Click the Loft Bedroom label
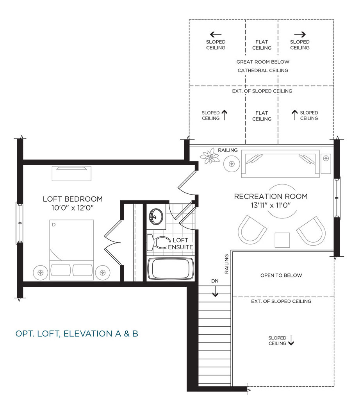click(73, 199)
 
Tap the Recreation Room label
click(271, 197)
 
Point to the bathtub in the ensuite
click(171, 269)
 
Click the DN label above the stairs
click(215, 281)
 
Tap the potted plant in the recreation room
click(210, 156)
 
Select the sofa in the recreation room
click(280, 164)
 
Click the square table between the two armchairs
click(282, 240)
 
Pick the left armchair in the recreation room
click(252, 230)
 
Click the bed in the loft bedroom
click(71, 250)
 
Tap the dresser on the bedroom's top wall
click(71, 173)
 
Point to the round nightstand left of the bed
click(40, 273)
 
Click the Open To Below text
click(281, 275)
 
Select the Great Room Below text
click(263, 62)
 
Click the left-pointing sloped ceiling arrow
click(216, 34)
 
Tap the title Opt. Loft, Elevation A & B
click(77, 333)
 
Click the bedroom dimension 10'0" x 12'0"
click(73, 208)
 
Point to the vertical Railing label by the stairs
click(226, 264)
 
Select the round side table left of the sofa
click(232, 164)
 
